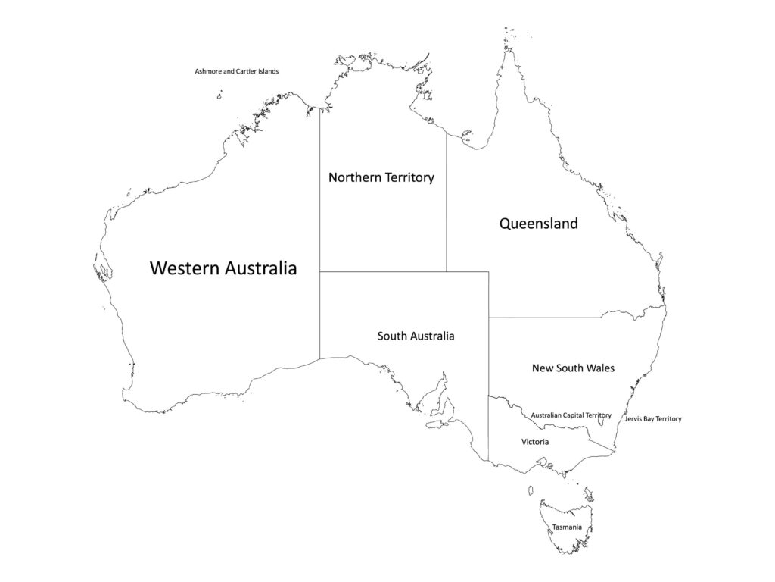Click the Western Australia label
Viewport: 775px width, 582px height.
[x=223, y=268]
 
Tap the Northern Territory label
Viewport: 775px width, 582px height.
[x=381, y=177]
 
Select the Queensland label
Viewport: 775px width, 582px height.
[x=538, y=224]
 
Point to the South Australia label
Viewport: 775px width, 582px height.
[x=416, y=336]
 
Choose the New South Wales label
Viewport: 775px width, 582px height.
[x=573, y=368]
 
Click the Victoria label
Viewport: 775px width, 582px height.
[x=535, y=442]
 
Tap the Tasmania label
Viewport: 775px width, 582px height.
[x=567, y=527]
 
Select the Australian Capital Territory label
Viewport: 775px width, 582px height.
[x=571, y=415]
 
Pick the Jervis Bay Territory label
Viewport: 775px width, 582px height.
[x=653, y=419]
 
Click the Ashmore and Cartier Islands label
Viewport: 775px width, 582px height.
[x=237, y=71]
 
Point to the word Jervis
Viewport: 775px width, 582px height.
[x=634, y=419]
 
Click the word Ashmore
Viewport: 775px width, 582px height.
[x=209, y=71]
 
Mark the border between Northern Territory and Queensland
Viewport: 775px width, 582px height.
[x=446, y=205]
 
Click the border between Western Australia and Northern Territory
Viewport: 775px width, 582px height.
[x=319, y=189]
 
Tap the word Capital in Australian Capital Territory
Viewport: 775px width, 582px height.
[x=574, y=415]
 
